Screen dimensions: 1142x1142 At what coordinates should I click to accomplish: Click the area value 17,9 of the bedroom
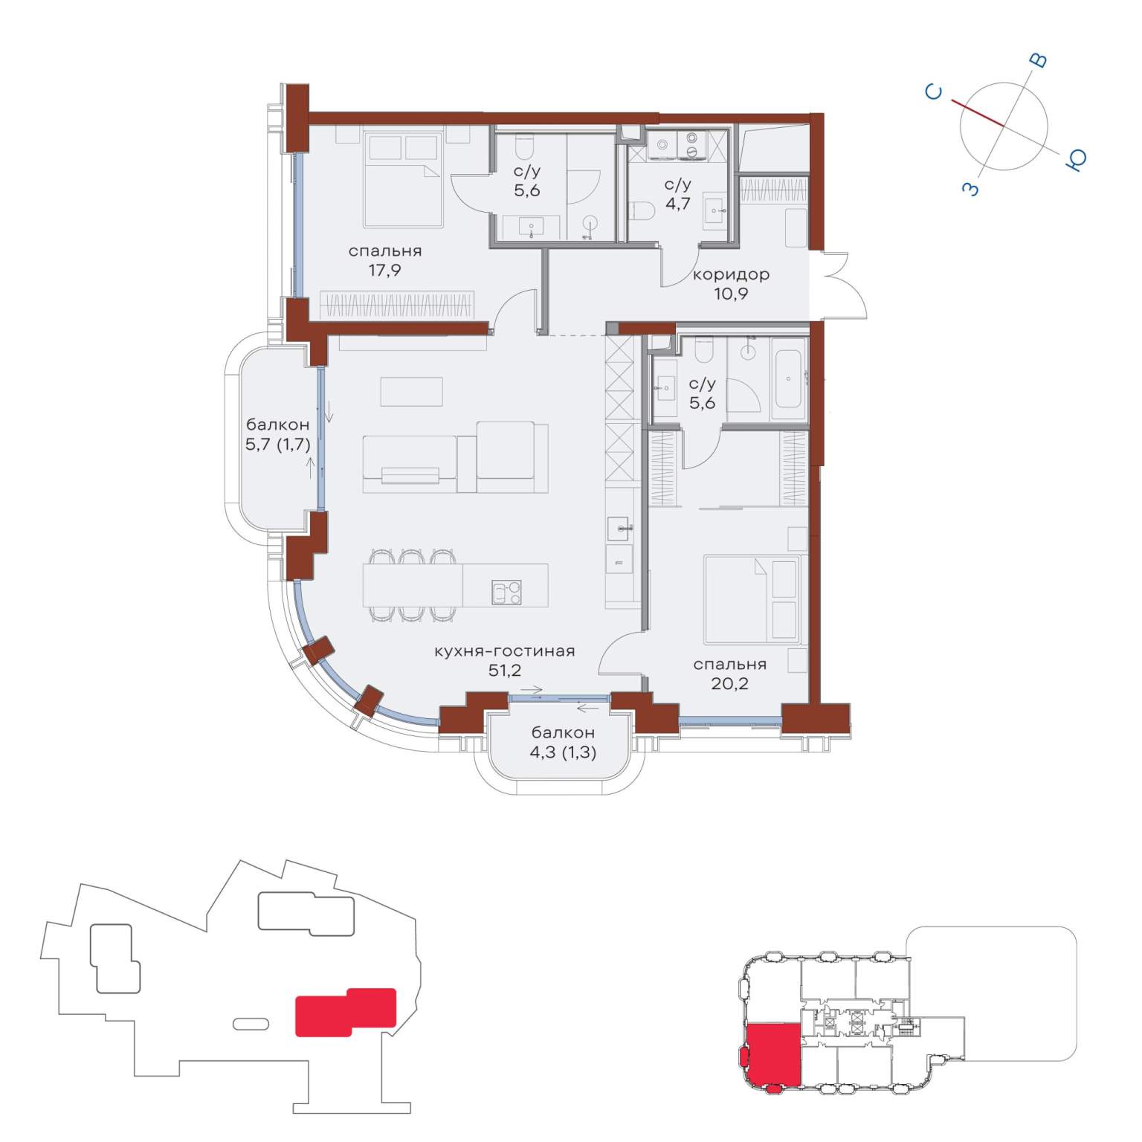click(384, 271)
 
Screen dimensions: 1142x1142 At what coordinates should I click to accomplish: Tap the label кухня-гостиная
click(505, 651)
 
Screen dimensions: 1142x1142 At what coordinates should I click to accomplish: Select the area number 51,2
click(505, 671)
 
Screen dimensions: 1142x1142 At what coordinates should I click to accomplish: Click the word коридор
click(731, 275)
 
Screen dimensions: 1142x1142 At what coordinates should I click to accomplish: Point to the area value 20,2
click(729, 684)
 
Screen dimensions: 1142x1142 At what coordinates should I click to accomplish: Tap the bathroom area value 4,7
click(677, 203)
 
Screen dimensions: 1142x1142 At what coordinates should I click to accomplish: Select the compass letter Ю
click(1076, 159)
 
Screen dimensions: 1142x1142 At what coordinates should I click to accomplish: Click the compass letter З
click(970, 189)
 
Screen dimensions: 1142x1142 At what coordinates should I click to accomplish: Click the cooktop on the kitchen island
click(506, 593)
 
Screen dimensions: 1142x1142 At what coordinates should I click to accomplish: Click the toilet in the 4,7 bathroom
click(640, 212)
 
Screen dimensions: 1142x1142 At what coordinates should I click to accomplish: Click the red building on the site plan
click(346, 1012)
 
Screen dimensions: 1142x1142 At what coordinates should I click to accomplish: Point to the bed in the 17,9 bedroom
click(404, 181)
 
